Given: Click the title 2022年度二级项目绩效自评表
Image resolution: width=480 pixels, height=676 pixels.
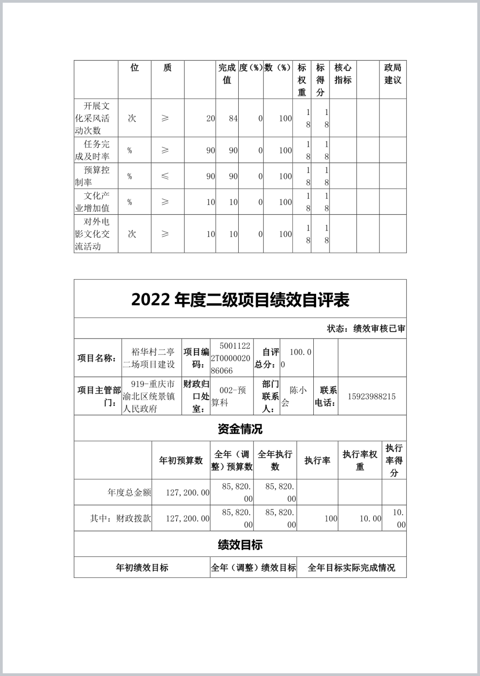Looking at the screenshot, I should [x=240, y=300].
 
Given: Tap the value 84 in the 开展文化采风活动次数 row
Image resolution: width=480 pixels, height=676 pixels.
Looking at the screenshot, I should [x=233, y=119].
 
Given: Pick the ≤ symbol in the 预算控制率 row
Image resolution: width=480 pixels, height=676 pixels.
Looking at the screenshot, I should [x=165, y=176].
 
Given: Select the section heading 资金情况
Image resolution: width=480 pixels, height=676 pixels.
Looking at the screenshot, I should [x=240, y=429].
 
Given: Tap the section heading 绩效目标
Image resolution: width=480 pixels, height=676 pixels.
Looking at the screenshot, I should [x=240, y=544].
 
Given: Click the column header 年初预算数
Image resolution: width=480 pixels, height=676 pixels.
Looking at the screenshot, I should [x=181, y=460].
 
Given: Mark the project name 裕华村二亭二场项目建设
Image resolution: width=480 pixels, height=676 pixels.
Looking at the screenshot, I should [x=152, y=358].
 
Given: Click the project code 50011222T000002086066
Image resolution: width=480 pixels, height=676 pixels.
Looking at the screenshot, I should [x=231, y=358].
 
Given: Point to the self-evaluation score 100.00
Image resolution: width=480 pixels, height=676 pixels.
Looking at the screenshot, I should [x=296, y=358].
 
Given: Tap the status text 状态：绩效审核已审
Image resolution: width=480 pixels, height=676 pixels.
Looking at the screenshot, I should [x=366, y=329].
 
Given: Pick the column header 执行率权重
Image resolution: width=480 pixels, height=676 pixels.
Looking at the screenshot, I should [x=360, y=460].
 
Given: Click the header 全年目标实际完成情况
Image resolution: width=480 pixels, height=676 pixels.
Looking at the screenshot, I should [x=351, y=568].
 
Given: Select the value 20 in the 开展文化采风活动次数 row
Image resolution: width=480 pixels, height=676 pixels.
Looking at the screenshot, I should [x=211, y=119].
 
